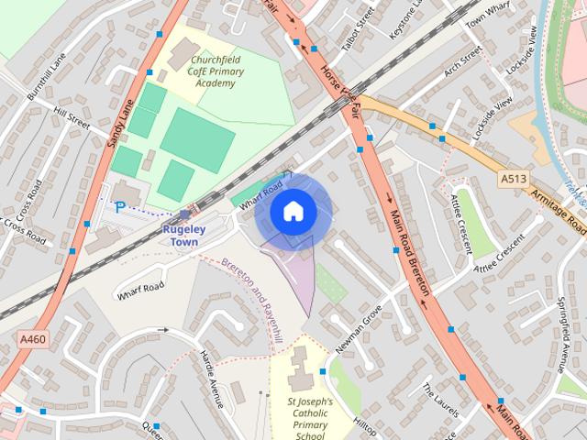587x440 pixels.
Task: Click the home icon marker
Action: (x=293, y=212)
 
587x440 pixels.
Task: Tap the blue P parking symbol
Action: (x=119, y=209)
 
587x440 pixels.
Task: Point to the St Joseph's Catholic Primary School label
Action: (x=310, y=418)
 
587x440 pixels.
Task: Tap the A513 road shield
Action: (x=515, y=178)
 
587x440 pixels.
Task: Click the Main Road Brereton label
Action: (x=410, y=250)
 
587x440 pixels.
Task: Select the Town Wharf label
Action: (x=487, y=13)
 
